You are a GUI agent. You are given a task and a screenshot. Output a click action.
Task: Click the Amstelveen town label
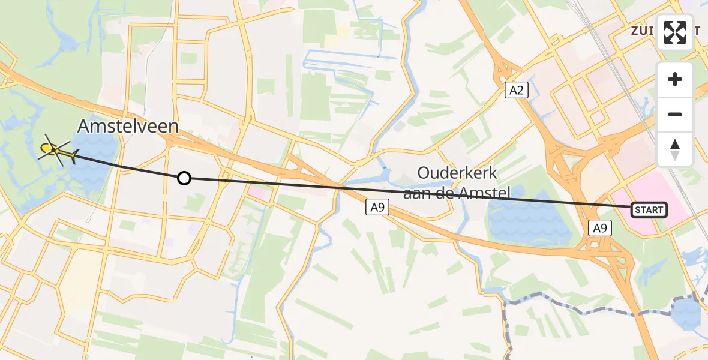(128, 127)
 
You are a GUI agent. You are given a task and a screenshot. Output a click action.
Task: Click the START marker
(649, 209)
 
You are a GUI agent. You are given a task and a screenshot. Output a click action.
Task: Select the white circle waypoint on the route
(184, 178)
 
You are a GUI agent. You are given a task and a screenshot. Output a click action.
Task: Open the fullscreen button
(675, 32)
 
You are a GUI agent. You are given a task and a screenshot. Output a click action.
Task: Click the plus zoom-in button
(675, 79)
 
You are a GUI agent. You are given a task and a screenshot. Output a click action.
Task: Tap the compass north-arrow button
(675, 149)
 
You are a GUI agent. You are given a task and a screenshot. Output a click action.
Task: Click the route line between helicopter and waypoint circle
(126, 166)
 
